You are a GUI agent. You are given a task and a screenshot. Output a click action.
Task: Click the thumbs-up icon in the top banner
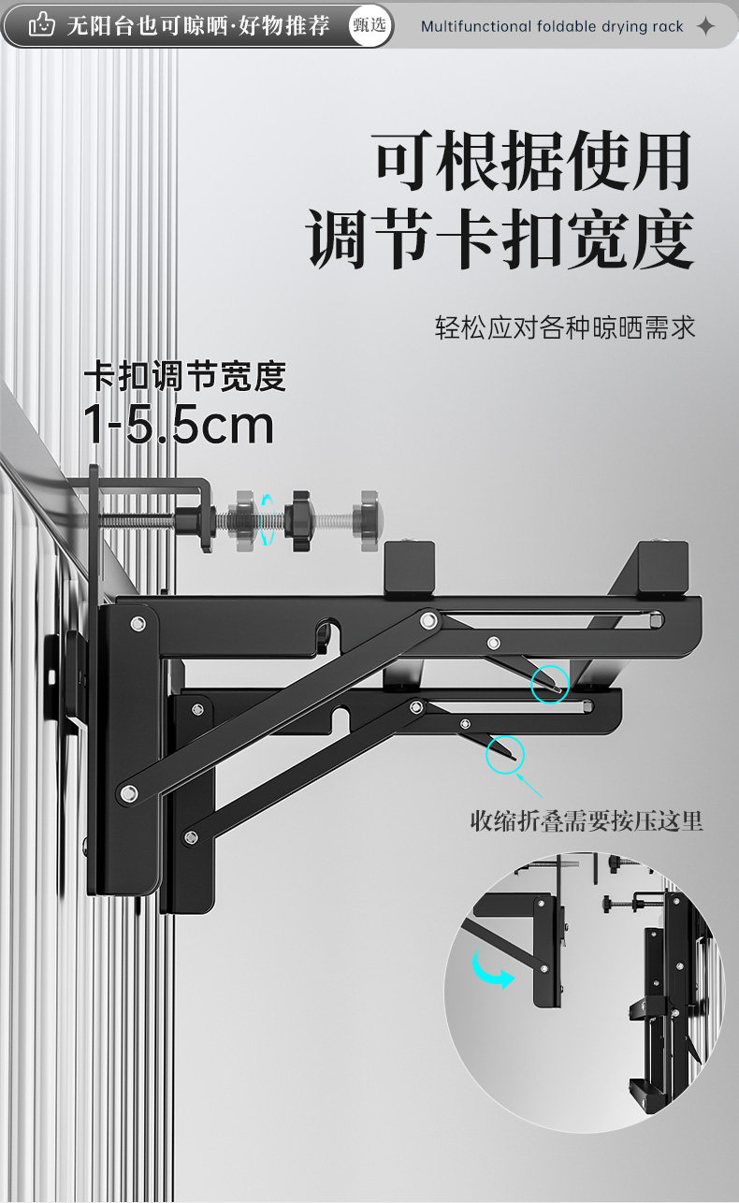[x=40, y=25]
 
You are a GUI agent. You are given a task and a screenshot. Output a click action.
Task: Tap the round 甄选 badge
[x=369, y=25]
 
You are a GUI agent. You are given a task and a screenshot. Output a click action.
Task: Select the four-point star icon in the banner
[x=706, y=26]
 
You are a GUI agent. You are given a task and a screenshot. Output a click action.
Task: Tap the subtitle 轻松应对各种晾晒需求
[x=565, y=328]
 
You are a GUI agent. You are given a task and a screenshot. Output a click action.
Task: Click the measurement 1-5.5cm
[x=179, y=425]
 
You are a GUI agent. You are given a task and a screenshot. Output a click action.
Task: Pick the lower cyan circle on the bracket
[x=505, y=754]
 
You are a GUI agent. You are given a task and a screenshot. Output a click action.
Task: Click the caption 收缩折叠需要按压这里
[x=586, y=821]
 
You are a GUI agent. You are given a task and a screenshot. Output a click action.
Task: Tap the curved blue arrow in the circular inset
[x=494, y=972]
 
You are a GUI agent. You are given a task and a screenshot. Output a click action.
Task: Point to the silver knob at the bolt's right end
[x=367, y=516]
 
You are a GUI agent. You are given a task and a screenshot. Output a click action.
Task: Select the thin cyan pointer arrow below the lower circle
[x=530, y=784]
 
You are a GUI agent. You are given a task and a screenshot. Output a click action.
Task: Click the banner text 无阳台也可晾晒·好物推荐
[x=198, y=25]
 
